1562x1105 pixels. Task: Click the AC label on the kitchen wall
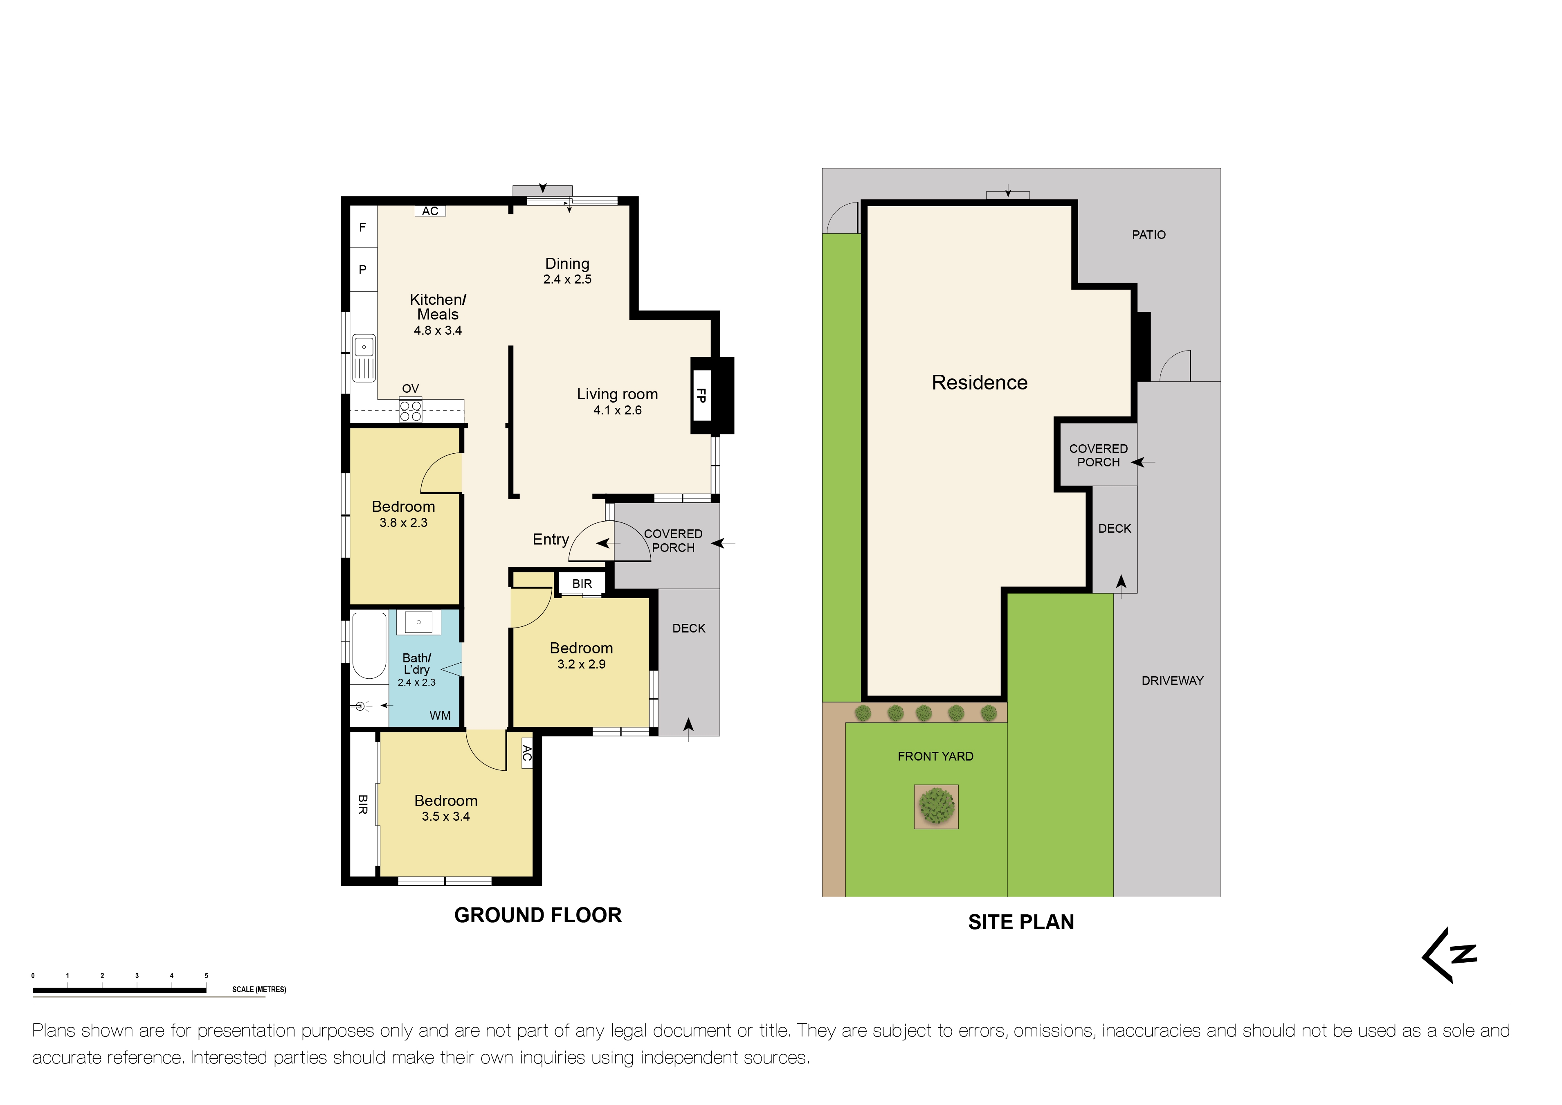[x=430, y=211]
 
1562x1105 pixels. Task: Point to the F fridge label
[x=363, y=227]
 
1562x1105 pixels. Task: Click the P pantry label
[x=363, y=270]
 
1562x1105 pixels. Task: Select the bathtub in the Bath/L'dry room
[x=369, y=646]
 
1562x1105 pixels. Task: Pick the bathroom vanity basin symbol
[x=418, y=622]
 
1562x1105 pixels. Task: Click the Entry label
[x=551, y=540]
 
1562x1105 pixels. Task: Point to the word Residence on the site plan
[x=979, y=383]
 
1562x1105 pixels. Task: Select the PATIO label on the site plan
[x=1148, y=235]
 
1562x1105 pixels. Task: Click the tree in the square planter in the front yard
[x=936, y=806]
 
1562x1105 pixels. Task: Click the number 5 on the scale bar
[x=206, y=976]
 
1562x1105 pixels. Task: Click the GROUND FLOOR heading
[x=537, y=915]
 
